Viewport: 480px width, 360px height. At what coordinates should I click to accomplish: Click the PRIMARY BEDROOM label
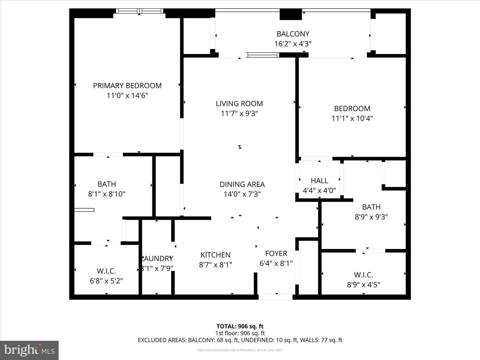pos(127,86)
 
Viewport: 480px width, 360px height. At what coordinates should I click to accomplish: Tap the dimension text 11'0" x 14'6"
pos(127,96)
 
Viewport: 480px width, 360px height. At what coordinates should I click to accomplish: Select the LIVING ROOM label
pos(239,104)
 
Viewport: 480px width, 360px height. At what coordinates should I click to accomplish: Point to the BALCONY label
pos(293,34)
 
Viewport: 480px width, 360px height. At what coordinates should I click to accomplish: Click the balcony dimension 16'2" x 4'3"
pos(293,44)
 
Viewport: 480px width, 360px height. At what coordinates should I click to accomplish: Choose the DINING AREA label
pos(242,184)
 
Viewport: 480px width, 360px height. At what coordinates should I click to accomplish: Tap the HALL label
pos(319,181)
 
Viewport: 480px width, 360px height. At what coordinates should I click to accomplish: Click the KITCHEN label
pos(215,255)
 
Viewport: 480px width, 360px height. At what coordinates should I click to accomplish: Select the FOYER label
pos(276,254)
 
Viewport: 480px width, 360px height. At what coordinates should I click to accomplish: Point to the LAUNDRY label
pos(156,259)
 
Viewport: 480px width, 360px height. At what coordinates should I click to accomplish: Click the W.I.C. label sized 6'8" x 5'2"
pos(106,271)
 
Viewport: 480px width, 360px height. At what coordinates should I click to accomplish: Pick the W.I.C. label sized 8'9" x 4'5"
pos(363,275)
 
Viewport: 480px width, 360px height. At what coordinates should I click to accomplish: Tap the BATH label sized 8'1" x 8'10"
pos(107,184)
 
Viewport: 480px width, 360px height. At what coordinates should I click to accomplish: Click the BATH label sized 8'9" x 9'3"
pos(371,207)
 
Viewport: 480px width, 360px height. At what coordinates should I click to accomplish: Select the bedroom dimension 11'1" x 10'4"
pos(352,118)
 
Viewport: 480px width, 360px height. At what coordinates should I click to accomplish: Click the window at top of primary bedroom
pos(140,11)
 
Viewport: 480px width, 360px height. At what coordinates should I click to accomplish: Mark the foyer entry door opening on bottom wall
pos(276,297)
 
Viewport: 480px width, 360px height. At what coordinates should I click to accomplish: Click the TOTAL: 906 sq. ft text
pos(240,326)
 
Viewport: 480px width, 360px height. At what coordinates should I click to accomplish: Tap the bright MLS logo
pos(29,350)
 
